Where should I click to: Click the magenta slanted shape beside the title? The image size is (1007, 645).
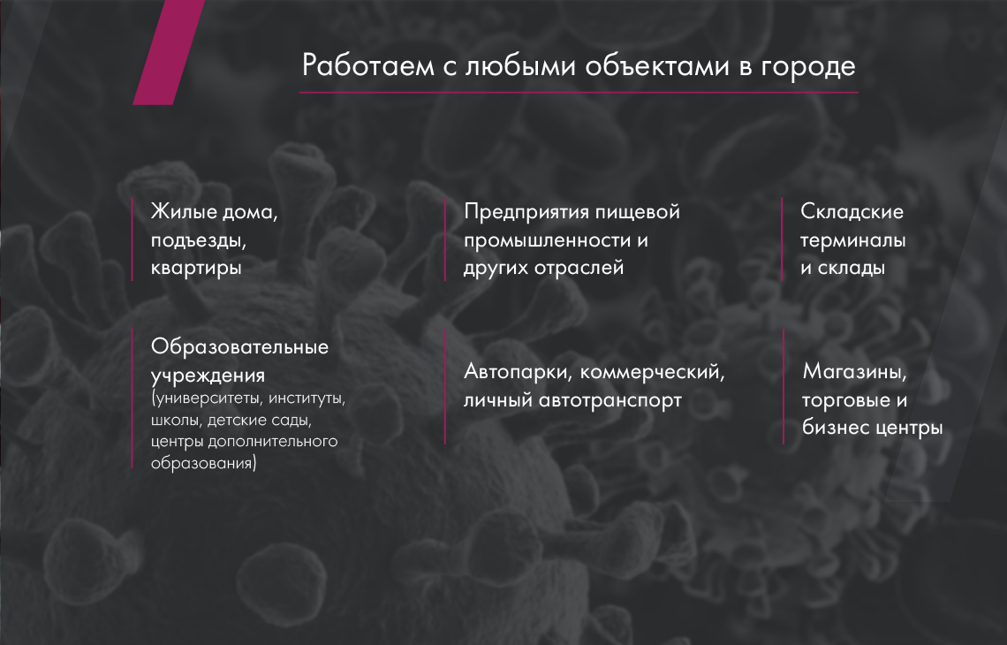tap(168, 52)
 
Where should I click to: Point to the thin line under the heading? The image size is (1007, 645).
tap(579, 93)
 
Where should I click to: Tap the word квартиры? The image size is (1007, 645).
tap(196, 269)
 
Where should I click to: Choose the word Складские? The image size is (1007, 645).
tap(852, 211)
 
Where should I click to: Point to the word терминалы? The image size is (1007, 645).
tap(853, 241)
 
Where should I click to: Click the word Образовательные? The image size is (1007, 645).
tap(239, 347)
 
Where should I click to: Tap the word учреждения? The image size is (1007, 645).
tap(208, 376)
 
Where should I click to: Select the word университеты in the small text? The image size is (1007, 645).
tap(208, 399)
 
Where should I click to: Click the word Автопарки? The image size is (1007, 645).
tap(519, 372)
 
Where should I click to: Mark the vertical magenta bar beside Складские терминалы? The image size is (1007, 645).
tap(782, 239)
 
